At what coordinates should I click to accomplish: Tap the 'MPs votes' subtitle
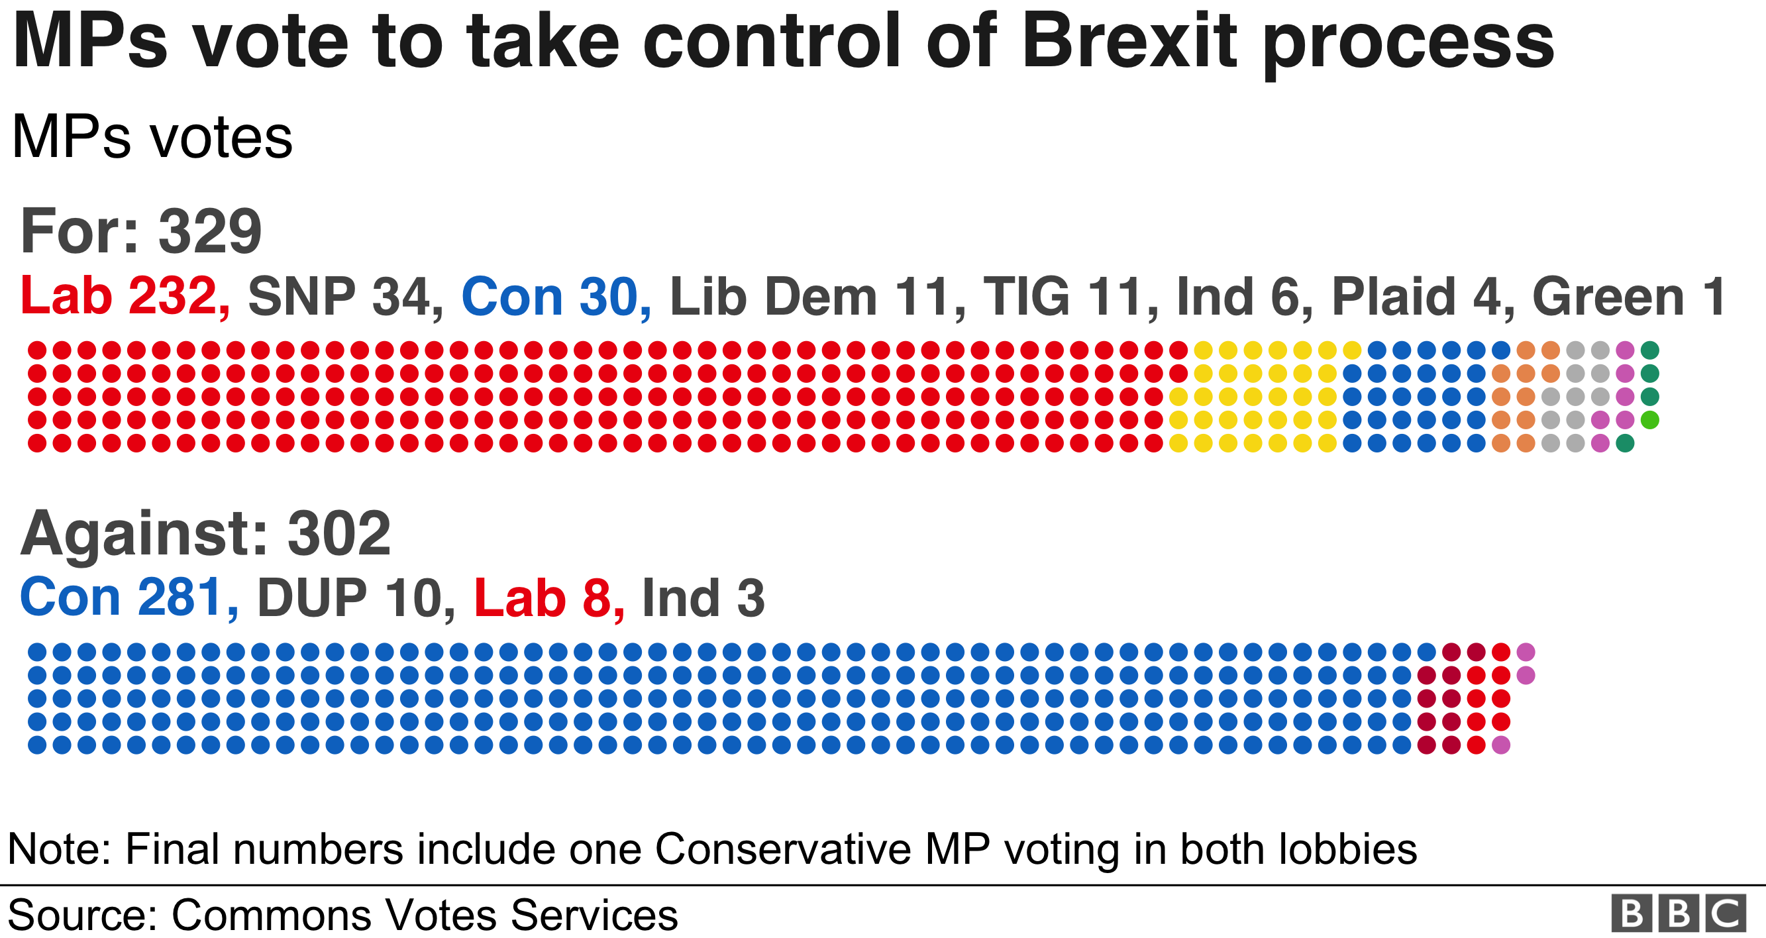point(152,137)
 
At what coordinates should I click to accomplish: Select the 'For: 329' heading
point(141,232)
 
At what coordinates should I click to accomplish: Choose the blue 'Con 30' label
point(555,296)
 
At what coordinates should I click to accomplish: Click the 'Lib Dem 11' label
point(816,296)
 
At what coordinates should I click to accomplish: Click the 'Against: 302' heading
point(205,533)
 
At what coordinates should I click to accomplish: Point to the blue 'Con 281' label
point(129,598)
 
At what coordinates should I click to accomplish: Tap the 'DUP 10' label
point(355,598)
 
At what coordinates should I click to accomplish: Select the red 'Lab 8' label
point(548,598)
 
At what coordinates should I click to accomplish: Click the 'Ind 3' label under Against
point(703,598)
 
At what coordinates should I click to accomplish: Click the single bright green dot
point(1649,419)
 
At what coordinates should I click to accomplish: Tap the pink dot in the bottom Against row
point(1500,745)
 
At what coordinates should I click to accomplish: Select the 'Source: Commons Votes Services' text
point(342,915)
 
